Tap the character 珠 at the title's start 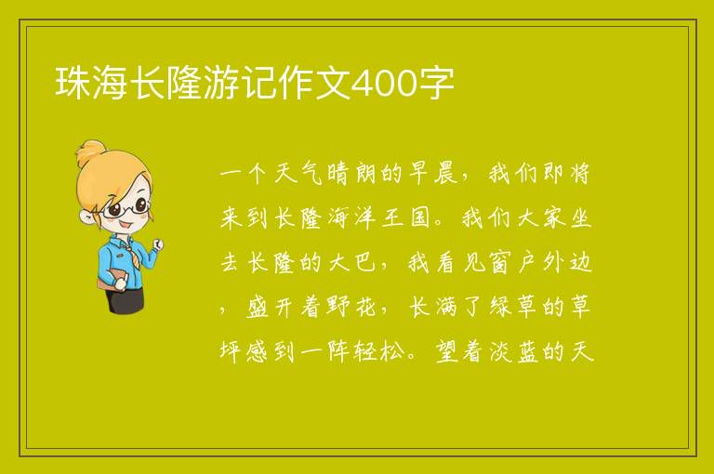(x=73, y=83)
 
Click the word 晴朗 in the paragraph (x=351, y=174)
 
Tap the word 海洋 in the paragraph (x=351, y=218)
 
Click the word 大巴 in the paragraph (x=351, y=263)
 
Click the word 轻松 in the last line (x=378, y=351)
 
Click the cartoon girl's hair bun (x=92, y=153)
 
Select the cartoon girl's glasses (x=126, y=207)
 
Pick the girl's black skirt (x=125, y=299)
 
